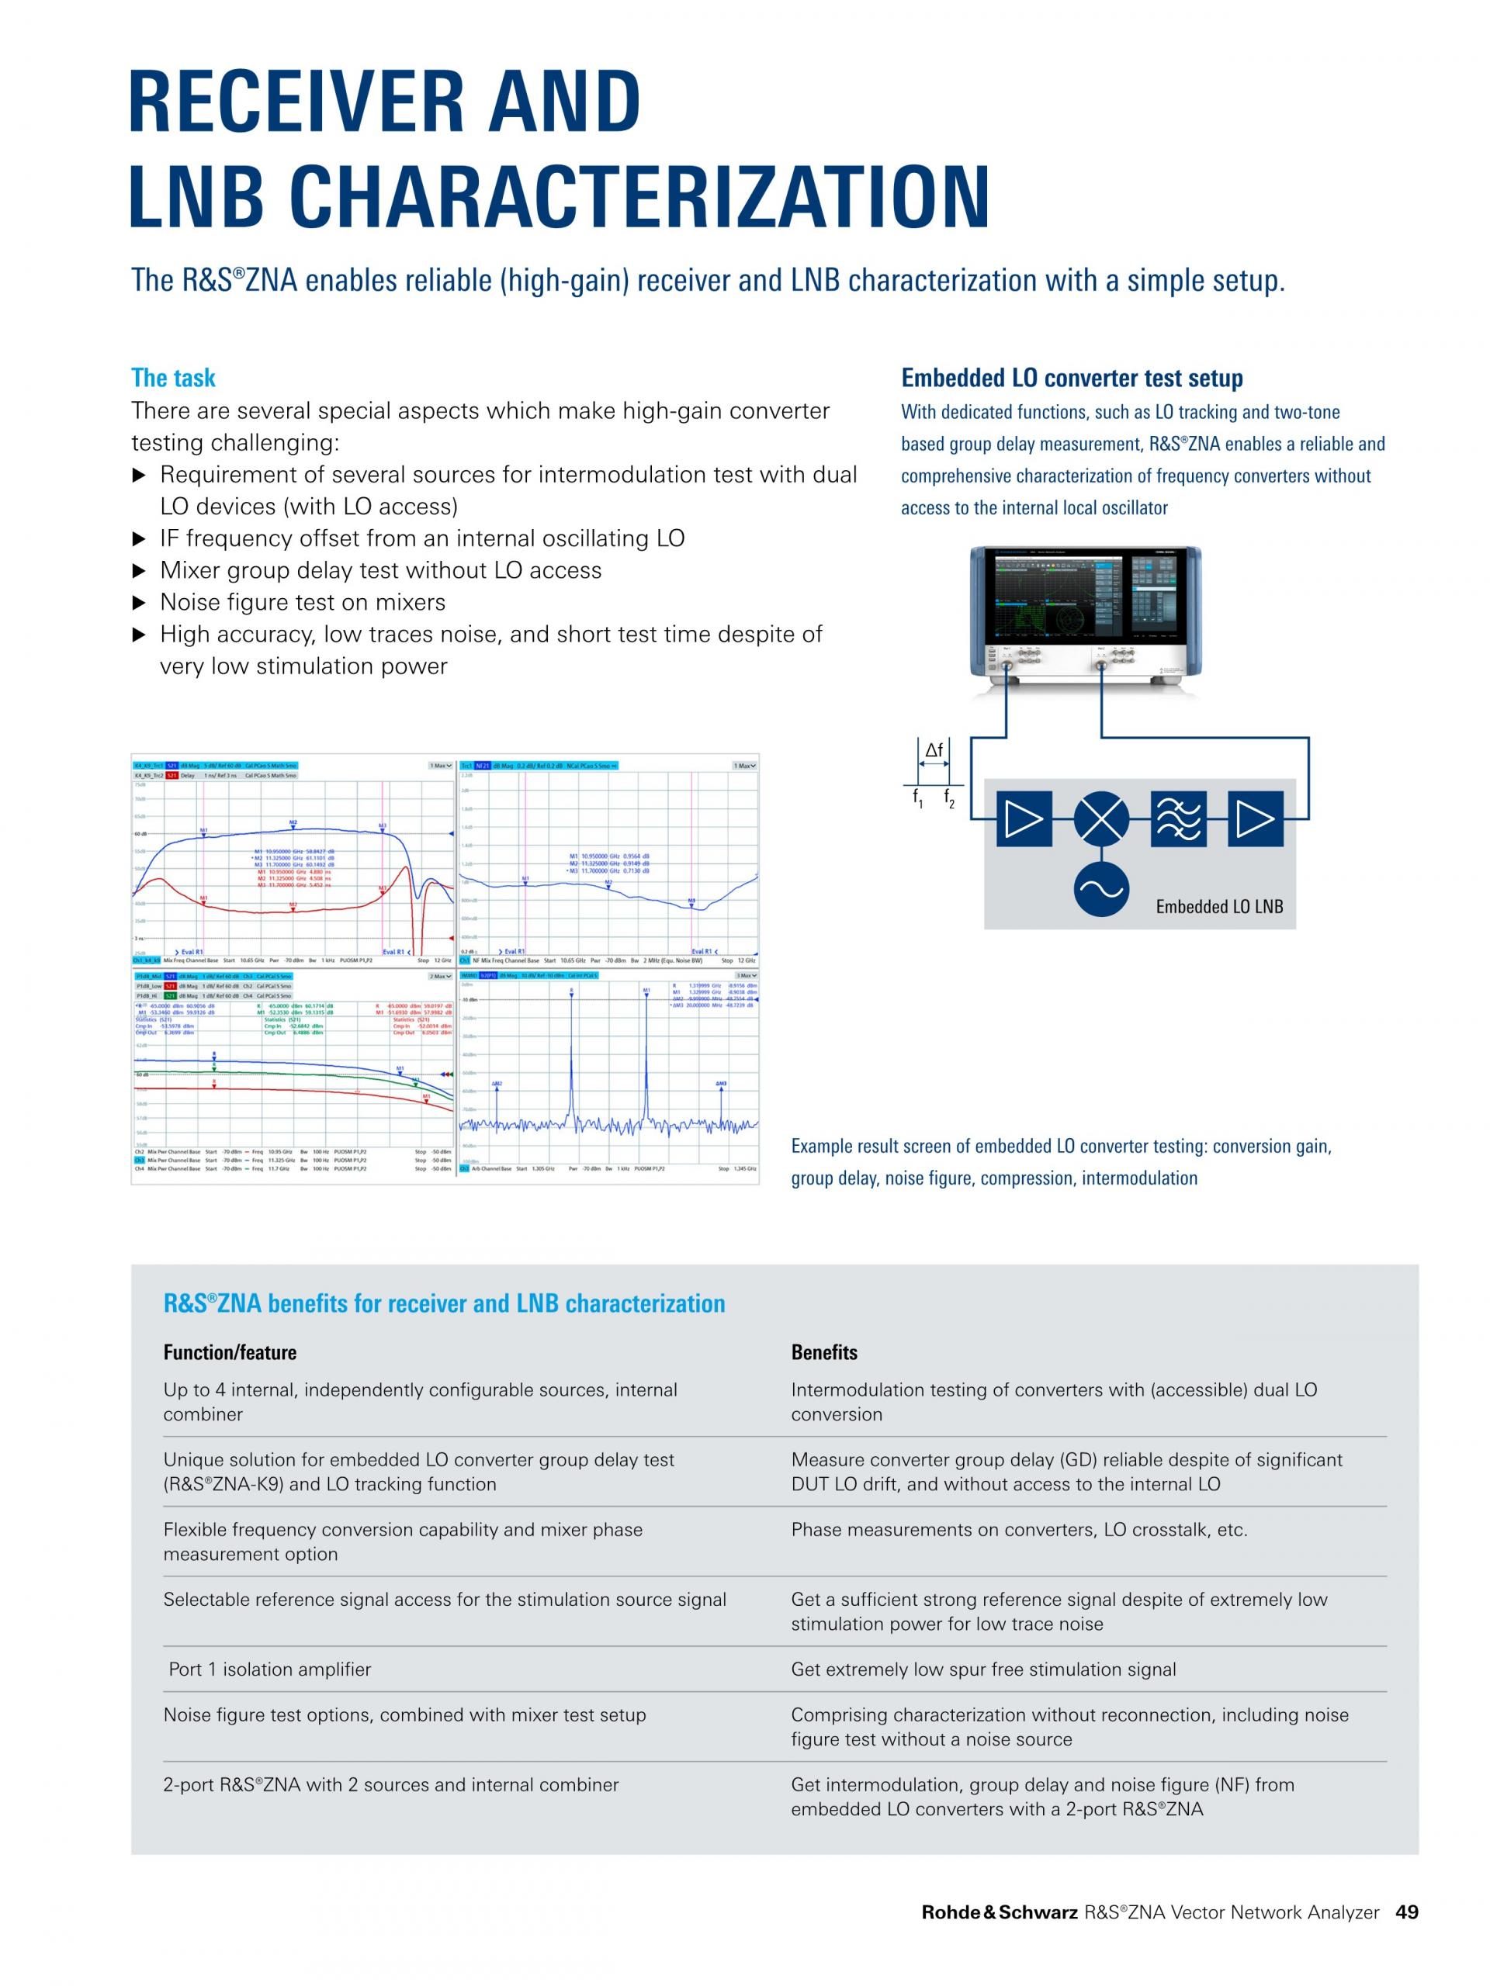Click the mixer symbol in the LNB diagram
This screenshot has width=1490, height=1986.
point(1101,818)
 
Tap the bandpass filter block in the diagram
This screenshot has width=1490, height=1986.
point(1177,818)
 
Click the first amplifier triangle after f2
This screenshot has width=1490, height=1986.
point(1024,818)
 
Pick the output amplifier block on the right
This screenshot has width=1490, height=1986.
point(1255,818)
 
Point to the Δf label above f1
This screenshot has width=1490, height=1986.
point(934,749)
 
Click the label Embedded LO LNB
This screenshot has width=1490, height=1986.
point(1218,907)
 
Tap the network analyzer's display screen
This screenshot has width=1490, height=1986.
point(1055,597)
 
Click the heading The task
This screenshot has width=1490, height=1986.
point(173,378)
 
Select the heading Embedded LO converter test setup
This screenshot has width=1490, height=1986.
point(1072,378)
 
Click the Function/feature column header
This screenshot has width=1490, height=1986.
point(229,1352)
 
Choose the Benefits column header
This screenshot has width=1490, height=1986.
point(823,1352)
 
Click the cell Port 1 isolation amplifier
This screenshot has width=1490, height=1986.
point(269,1669)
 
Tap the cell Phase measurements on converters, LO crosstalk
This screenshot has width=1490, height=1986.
point(1018,1530)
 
